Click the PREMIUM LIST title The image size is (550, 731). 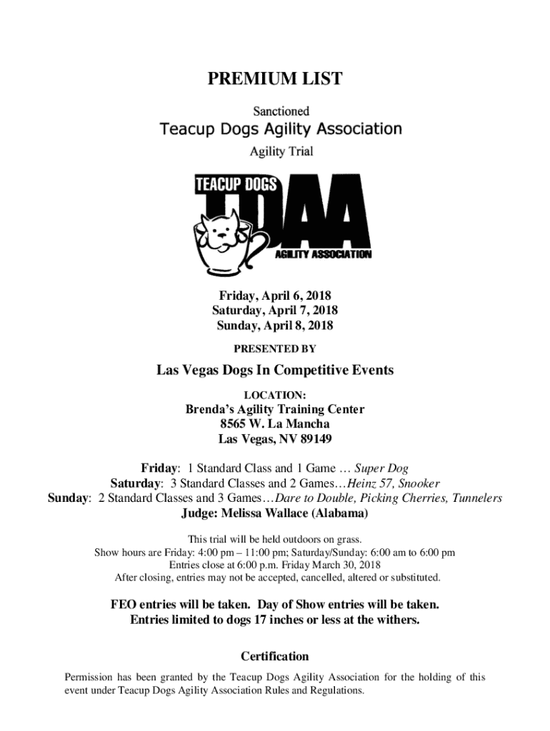[x=275, y=79]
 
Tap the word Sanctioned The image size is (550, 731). [x=280, y=111]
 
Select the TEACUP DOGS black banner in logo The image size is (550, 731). [x=236, y=185]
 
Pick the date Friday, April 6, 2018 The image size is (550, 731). [x=275, y=296]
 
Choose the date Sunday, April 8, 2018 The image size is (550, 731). [x=275, y=326]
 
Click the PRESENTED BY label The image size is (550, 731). [x=275, y=349]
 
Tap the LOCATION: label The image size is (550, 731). [x=275, y=394]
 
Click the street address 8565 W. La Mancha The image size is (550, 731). [x=275, y=424]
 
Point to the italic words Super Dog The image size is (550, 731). [x=381, y=468]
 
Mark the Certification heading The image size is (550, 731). [x=275, y=656]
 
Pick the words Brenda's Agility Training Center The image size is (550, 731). [x=275, y=409]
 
